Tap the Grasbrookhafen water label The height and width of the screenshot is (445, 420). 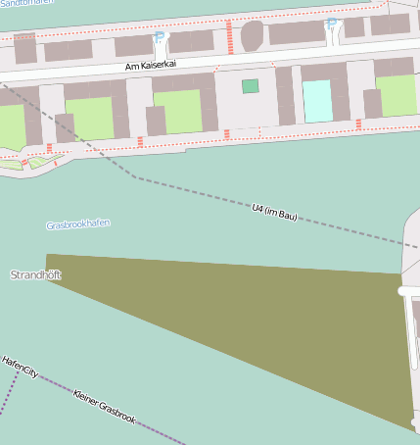(77, 224)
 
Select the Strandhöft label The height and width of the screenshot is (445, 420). (35, 275)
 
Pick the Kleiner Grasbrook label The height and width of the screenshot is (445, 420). (104, 406)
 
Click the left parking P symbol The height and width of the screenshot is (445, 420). (160, 37)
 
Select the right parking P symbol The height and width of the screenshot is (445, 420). (330, 24)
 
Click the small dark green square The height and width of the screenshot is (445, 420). (251, 86)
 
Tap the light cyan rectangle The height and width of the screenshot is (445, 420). (316, 101)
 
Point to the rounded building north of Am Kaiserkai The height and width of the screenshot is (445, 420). (253, 35)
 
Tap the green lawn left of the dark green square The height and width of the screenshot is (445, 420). (176, 111)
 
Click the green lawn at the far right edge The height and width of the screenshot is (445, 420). (397, 95)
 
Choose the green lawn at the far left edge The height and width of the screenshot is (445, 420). (10, 125)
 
